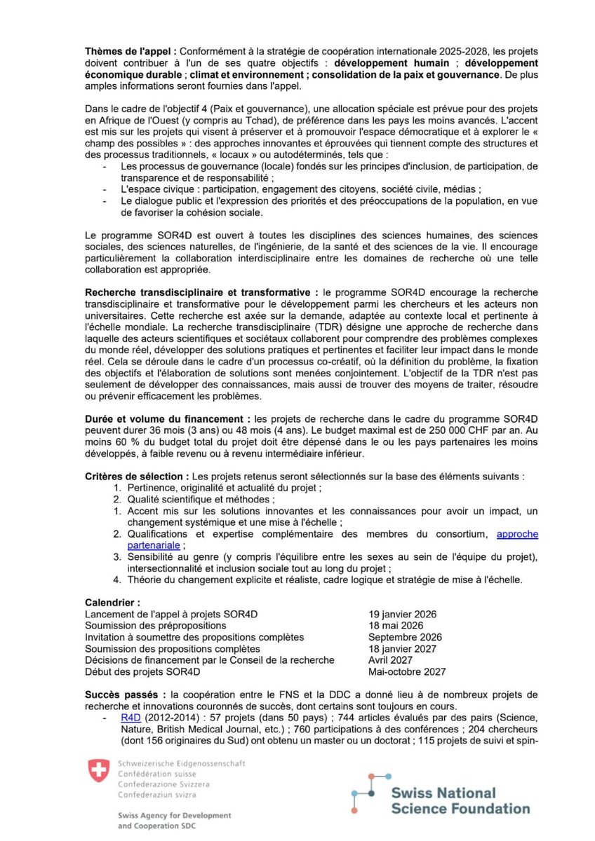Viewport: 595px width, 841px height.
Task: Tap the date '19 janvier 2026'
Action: (x=402, y=614)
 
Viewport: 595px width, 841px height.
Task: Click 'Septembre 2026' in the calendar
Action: (x=405, y=637)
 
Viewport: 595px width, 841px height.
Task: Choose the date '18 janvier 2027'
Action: (x=402, y=649)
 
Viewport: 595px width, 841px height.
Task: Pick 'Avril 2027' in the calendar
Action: (x=391, y=660)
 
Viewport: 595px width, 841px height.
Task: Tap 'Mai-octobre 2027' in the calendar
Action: (x=407, y=671)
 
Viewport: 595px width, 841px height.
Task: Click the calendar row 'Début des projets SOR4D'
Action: (x=142, y=671)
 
